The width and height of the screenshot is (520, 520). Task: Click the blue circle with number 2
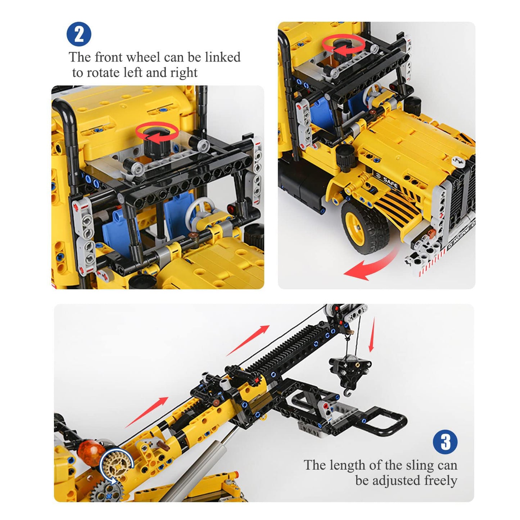point(79,34)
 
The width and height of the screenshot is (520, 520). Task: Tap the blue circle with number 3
point(445,442)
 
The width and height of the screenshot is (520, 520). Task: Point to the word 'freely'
point(440,480)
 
